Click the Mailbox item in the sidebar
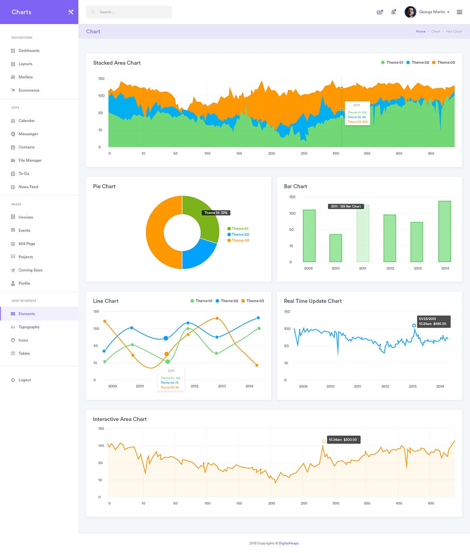pyautogui.click(x=25, y=77)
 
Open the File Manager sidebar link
pyautogui.click(x=30, y=160)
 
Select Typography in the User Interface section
pyautogui.click(x=29, y=327)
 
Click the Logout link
pyautogui.click(x=25, y=380)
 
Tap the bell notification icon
pyautogui.click(x=393, y=12)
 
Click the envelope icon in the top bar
pyautogui.click(x=379, y=12)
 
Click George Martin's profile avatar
pyautogui.click(x=410, y=12)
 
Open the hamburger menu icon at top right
pyautogui.click(x=459, y=12)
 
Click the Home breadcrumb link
pyautogui.click(x=421, y=31)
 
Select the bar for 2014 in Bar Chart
pyautogui.click(x=444, y=231)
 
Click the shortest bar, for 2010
pyautogui.click(x=335, y=248)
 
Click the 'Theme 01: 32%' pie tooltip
pyautogui.click(x=216, y=213)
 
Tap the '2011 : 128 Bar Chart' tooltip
pyautogui.click(x=345, y=206)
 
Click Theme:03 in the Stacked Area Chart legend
pyautogui.click(x=445, y=63)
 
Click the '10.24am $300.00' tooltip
pyautogui.click(x=343, y=440)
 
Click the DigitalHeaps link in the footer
pyautogui.click(x=289, y=543)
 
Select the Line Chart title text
pyautogui.click(x=106, y=301)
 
